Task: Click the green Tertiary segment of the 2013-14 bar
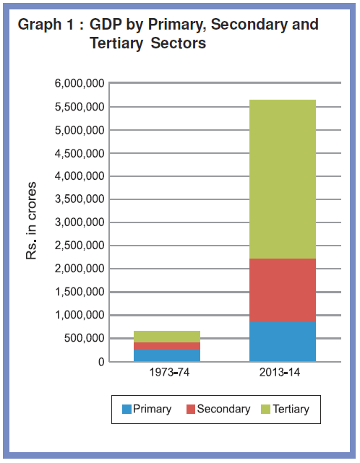coord(283,179)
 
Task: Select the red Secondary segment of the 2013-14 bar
coord(283,290)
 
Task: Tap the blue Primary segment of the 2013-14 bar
coord(283,342)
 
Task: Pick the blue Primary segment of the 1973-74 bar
coord(167,355)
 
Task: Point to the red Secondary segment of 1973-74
coord(167,346)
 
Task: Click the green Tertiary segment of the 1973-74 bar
coord(167,337)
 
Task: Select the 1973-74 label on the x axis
coord(169,372)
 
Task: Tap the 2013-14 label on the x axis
coord(280,372)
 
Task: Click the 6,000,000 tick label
coord(80,84)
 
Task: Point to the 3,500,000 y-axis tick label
coord(80,199)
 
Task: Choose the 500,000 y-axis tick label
coord(85,338)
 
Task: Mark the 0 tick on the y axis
coord(101,362)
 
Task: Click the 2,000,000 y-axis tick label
coord(80,269)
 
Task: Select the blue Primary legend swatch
coord(127,410)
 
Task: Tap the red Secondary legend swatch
coord(191,410)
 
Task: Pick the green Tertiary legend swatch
coord(266,410)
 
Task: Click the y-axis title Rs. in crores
coord(31,221)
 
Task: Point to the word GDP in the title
coord(106,25)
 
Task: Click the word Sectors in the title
coord(179,43)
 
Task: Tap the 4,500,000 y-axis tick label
coord(80,154)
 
